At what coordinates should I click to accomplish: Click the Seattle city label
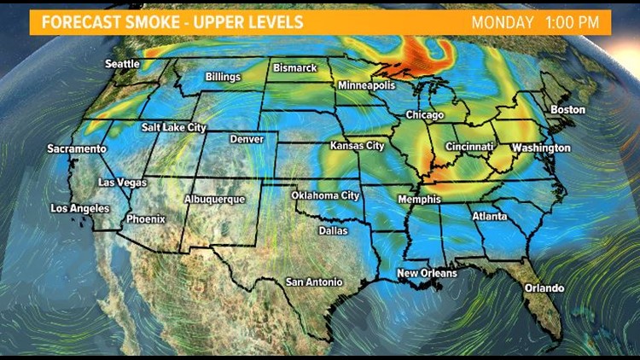pyautogui.click(x=123, y=64)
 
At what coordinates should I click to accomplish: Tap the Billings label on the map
pyautogui.click(x=224, y=77)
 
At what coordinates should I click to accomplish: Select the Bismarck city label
pyautogui.click(x=294, y=67)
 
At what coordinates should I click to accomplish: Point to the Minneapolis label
pyautogui.click(x=367, y=86)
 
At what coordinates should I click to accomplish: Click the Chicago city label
pyautogui.click(x=426, y=114)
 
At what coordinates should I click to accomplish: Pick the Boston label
pyautogui.click(x=568, y=110)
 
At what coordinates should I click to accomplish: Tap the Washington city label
pyautogui.click(x=541, y=148)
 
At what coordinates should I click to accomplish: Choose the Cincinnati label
pyautogui.click(x=468, y=147)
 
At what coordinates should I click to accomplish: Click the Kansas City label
pyautogui.click(x=358, y=146)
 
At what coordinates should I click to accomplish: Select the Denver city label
pyautogui.click(x=247, y=139)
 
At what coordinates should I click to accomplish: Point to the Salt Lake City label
pyautogui.click(x=174, y=127)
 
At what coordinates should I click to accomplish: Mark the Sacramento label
pyautogui.click(x=77, y=148)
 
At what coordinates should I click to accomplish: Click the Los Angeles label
pyautogui.click(x=80, y=208)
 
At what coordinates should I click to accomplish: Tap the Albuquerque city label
pyautogui.click(x=215, y=199)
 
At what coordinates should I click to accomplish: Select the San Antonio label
pyautogui.click(x=314, y=282)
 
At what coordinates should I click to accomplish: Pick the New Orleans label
pyautogui.click(x=428, y=273)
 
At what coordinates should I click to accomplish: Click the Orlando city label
pyautogui.click(x=544, y=287)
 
